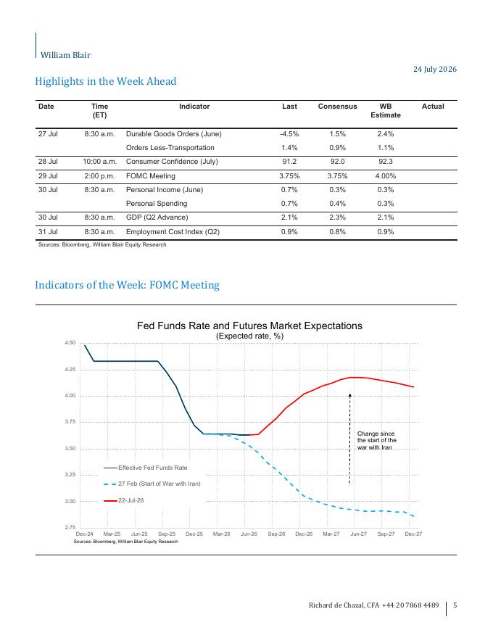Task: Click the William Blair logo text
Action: point(65,55)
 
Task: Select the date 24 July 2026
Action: point(435,69)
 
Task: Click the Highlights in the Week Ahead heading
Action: point(106,81)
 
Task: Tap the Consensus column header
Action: point(337,106)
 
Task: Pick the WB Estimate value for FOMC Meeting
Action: point(386,175)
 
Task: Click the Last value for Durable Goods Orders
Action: point(289,134)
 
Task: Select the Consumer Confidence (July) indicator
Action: point(172,162)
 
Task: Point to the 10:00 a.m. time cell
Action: point(99,162)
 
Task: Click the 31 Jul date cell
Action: point(48,231)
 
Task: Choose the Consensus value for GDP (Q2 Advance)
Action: point(337,217)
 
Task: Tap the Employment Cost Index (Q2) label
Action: point(173,231)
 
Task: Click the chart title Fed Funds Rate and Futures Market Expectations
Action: point(249,326)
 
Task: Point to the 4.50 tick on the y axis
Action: point(70,343)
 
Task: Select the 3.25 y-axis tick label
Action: point(70,475)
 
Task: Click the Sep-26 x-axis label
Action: point(276,534)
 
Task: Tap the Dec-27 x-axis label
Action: point(413,534)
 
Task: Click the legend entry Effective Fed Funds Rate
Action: point(145,468)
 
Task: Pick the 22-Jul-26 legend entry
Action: point(124,500)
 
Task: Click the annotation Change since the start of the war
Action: point(376,441)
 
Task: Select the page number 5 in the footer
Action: point(455,605)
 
